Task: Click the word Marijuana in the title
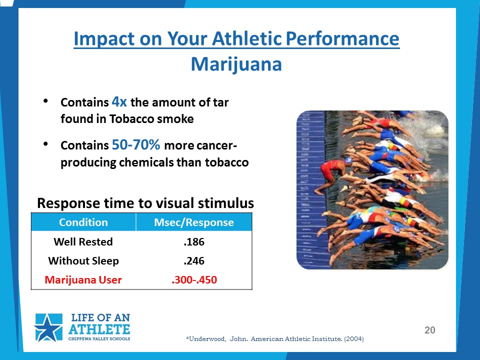click(236, 65)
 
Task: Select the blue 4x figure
click(119, 101)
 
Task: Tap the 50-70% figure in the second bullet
click(136, 144)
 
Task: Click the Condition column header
click(83, 222)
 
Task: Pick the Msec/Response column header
click(194, 222)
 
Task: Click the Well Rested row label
click(83, 241)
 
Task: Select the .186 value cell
click(194, 242)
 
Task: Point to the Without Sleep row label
click(83, 260)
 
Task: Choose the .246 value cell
click(194, 261)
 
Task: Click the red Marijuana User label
click(83, 279)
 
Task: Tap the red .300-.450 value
click(194, 279)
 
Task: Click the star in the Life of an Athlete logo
click(48, 327)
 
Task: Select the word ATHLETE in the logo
click(99, 329)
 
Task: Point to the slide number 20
click(430, 330)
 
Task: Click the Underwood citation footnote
click(275, 339)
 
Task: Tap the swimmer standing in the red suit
click(332, 174)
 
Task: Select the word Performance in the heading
click(342, 38)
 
